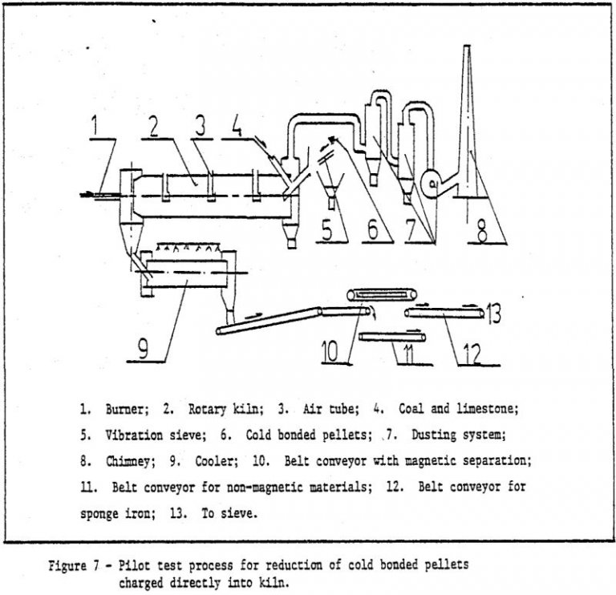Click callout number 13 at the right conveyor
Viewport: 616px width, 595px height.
click(494, 313)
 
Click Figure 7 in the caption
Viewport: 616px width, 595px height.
click(78, 565)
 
